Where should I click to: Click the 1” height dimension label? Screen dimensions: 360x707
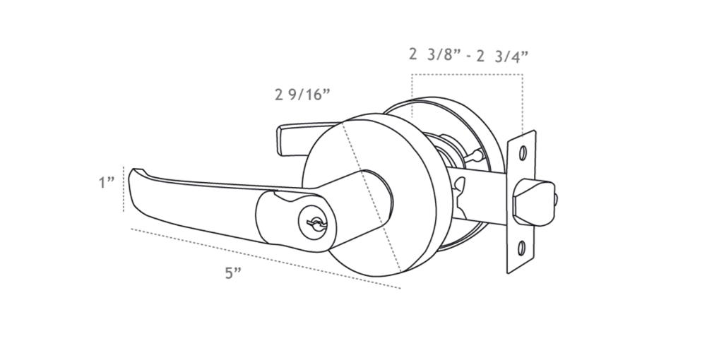tap(106, 184)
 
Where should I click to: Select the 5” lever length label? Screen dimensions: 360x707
tap(234, 274)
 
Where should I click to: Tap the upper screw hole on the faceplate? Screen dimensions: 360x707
tap(523, 152)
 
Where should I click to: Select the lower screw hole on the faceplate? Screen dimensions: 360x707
tap(522, 248)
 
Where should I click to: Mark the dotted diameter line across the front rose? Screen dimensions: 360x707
tap(371, 198)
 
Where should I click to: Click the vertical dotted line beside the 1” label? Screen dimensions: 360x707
tap(124, 189)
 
